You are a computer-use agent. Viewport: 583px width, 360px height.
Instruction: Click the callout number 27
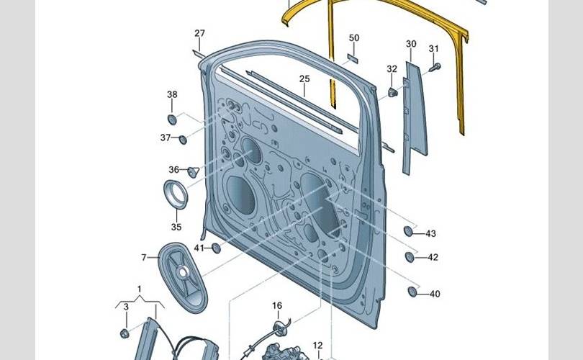pyautogui.click(x=199, y=33)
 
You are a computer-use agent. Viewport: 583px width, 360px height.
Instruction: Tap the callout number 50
pyautogui.click(x=353, y=37)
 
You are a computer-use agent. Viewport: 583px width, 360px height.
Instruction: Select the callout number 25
pyautogui.click(x=304, y=78)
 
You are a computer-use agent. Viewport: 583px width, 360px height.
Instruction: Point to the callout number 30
pyautogui.click(x=411, y=44)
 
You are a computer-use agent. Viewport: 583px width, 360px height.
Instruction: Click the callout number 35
pyautogui.click(x=176, y=227)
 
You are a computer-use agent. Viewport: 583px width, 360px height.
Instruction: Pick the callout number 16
pyautogui.click(x=277, y=306)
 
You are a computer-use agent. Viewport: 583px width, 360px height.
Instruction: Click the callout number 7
pyautogui.click(x=144, y=257)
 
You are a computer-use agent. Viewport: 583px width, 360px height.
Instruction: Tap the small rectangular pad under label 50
pyautogui.click(x=353, y=55)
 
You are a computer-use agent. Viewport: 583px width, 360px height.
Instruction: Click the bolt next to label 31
pyautogui.click(x=435, y=68)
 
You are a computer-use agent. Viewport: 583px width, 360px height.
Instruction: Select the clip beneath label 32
pyautogui.click(x=392, y=91)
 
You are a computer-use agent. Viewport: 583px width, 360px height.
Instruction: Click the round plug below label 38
pyautogui.click(x=172, y=119)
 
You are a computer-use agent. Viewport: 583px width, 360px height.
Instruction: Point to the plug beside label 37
pyautogui.click(x=183, y=138)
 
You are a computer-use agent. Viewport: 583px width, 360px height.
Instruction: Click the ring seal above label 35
pyautogui.click(x=176, y=195)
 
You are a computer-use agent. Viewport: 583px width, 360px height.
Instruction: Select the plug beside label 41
pyautogui.click(x=214, y=248)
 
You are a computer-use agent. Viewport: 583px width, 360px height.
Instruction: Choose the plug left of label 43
pyautogui.click(x=408, y=232)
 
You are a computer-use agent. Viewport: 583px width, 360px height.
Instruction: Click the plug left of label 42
pyautogui.click(x=410, y=257)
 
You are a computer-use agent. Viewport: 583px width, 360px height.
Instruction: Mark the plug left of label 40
pyautogui.click(x=412, y=292)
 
